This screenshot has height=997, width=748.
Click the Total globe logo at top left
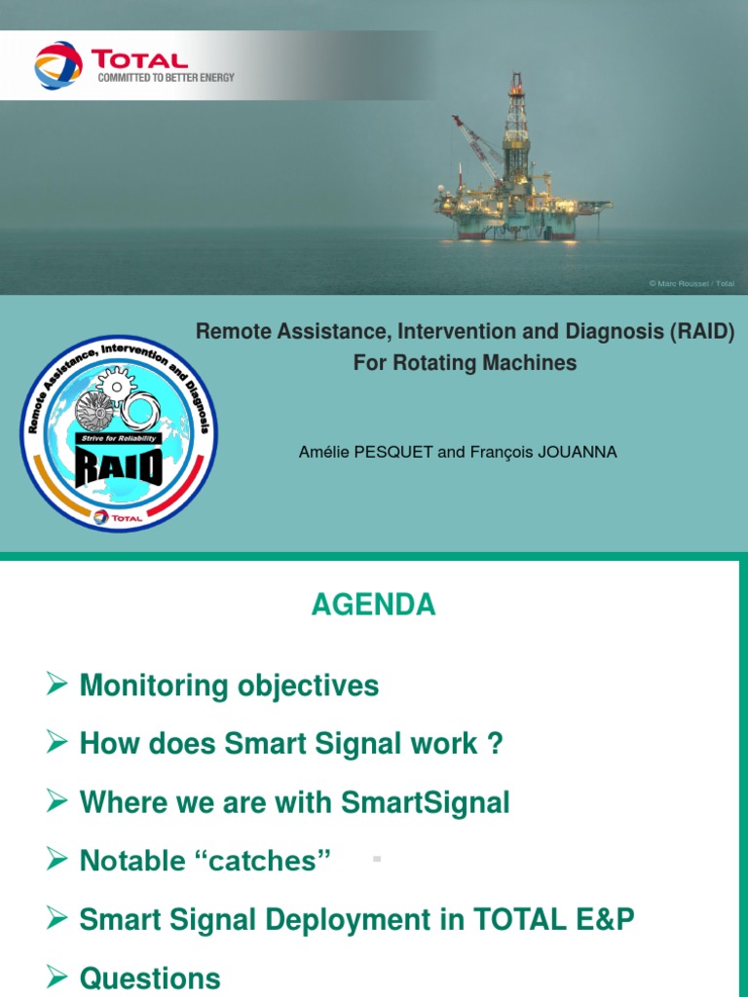pos(59,64)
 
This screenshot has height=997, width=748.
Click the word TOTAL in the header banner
pos(139,58)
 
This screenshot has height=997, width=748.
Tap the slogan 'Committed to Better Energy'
pos(165,78)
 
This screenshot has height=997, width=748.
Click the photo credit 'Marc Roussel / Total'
pos(692,283)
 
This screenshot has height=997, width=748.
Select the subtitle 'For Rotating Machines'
pos(465,363)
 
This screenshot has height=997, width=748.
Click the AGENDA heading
pos(373,605)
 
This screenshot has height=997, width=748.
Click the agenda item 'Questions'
pos(150,978)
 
